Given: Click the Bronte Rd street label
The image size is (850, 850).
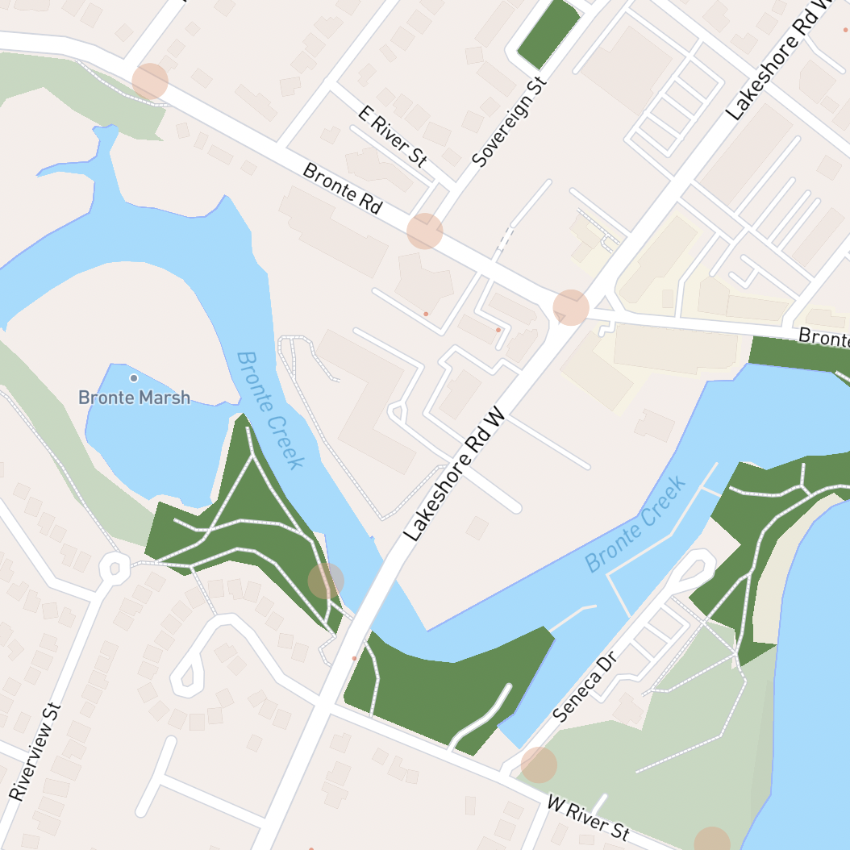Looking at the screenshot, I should click(x=342, y=188).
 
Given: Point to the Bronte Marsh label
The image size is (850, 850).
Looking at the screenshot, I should click(x=135, y=398).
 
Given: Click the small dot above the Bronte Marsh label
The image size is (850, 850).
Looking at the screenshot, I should click(x=134, y=377).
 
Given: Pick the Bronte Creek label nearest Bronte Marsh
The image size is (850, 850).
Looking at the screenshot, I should click(x=271, y=409).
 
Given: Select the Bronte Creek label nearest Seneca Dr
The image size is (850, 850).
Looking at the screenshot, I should click(x=636, y=524).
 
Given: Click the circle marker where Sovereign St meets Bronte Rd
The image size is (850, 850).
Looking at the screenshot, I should click(x=425, y=231).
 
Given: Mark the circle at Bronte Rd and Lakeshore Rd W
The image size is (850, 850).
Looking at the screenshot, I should click(x=571, y=307).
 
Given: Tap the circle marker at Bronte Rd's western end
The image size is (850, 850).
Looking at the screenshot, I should click(x=150, y=81).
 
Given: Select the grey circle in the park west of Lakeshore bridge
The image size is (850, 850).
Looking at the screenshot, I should click(x=326, y=581).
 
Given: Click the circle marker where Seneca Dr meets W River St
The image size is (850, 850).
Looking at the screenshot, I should click(x=539, y=765).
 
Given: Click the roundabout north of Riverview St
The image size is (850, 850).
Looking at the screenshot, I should click(x=115, y=568).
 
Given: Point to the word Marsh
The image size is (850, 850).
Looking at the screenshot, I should click(x=165, y=398).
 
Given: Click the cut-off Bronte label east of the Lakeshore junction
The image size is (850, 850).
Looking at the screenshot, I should click(x=823, y=336).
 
